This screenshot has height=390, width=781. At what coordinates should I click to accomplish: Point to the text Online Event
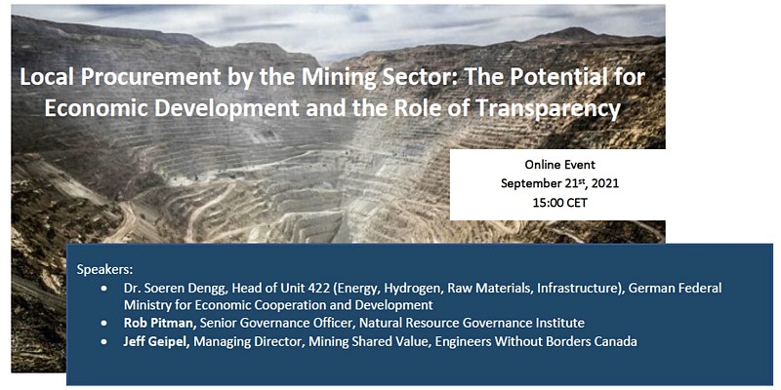pos(559,164)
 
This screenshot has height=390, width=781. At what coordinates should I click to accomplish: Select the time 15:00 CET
pos(559,203)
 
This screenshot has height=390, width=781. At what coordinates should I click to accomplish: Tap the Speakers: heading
pos(105,270)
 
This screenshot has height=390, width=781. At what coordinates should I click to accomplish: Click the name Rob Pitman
pos(161,323)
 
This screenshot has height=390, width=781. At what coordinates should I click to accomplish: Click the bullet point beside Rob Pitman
pos(103,324)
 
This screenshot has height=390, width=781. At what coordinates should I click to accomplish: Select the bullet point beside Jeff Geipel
pos(103,342)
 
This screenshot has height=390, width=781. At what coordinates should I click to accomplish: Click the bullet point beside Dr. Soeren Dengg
pos(103,289)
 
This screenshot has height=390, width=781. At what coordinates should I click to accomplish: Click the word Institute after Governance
pos(560,323)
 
